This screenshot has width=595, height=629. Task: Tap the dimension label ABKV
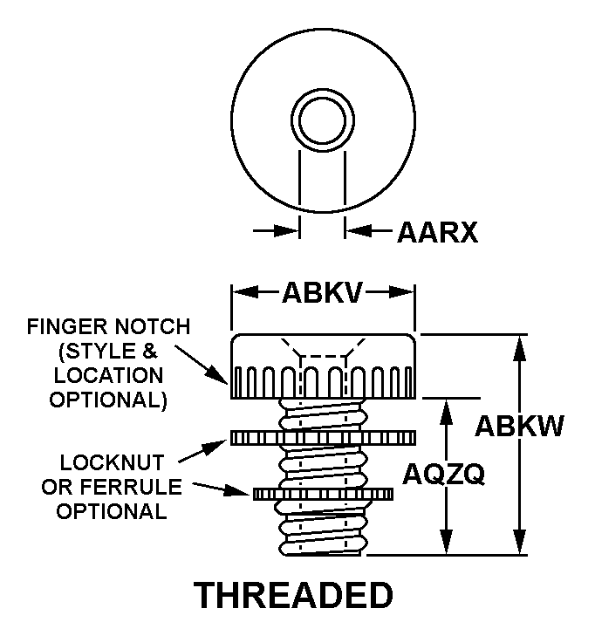tap(322, 292)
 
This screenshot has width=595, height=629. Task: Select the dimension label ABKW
tap(519, 427)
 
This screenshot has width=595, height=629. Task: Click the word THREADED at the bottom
tap(293, 596)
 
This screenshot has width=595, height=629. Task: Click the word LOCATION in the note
tap(108, 376)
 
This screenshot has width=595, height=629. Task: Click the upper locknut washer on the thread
tap(322, 436)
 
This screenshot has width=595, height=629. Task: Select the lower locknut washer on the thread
tap(322, 495)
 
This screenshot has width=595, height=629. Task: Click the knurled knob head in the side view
tap(322, 366)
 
